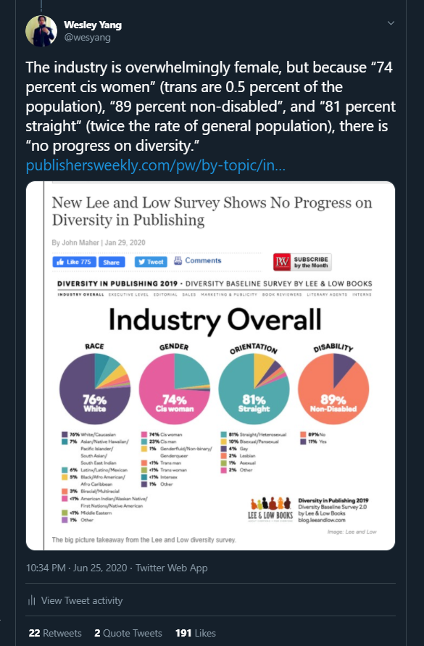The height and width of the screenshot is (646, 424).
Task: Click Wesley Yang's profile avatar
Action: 41,30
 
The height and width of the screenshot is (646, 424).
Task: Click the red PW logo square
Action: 282,262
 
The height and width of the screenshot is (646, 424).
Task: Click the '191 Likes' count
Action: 195,633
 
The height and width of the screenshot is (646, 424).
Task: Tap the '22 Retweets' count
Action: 55,633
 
